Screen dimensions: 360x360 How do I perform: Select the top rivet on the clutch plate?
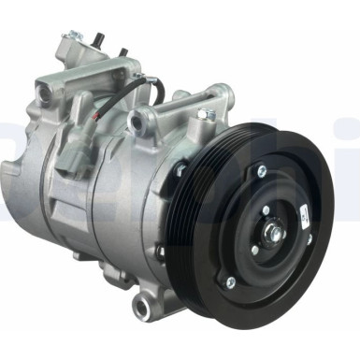(x=262, y=171)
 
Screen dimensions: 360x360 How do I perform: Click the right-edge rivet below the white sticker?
(x=310, y=240)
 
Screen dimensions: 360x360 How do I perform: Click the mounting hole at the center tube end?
(x=144, y=119)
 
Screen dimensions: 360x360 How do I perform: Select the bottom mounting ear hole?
(x=142, y=305)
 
